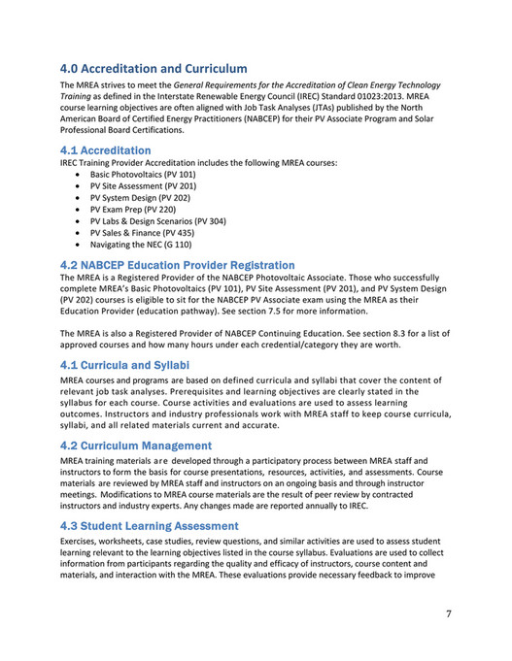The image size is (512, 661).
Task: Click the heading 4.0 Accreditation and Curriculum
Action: pyautogui.click(x=154, y=69)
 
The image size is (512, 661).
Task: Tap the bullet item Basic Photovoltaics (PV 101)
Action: pyautogui.click(x=143, y=174)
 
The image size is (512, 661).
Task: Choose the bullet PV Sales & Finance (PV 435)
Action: pyautogui.click(x=142, y=233)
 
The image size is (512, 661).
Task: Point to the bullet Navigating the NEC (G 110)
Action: pyautogui.click(x=141, y=245)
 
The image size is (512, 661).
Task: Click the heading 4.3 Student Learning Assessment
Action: pyautogui.click(x=149, y=526)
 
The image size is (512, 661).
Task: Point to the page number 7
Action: pyautogui.click(x=449, y=613)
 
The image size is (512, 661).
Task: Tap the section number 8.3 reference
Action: pyautogui.click(x=393, y=333)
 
